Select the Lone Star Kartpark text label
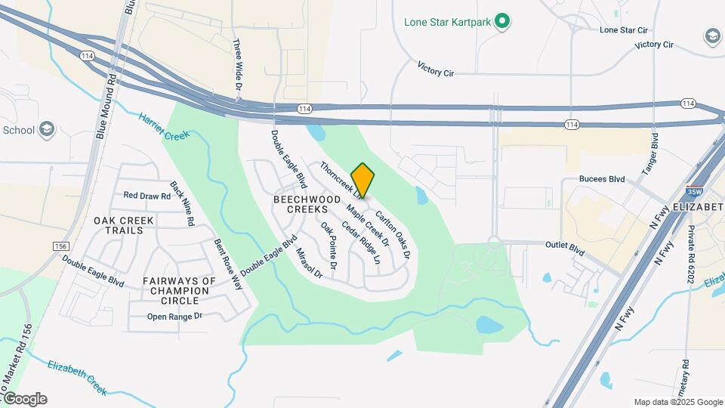pos(448,22)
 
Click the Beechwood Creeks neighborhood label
pos(301,204)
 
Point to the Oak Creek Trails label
pos(124,225)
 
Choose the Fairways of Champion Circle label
pos(179,290)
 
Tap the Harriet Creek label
pos(163,126)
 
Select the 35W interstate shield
pos(692,192)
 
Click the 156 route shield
pos(61,246)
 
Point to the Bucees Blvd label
pos(602,179)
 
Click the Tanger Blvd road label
pos(651,155)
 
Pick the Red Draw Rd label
pos(147,196)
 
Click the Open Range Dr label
pos(175,317)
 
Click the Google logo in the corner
pos(24,398)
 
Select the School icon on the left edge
pos(48,129)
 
